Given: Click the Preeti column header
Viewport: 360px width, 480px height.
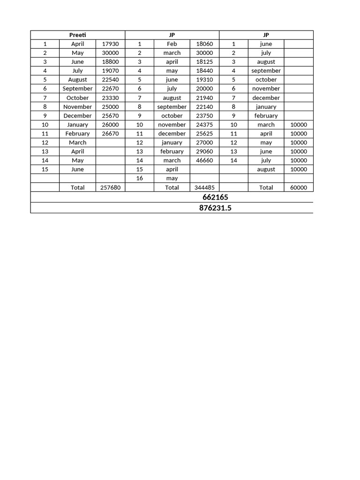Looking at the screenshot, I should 78,35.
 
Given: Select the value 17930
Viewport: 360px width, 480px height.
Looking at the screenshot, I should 110,44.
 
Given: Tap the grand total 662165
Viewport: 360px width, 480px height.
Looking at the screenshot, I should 215,197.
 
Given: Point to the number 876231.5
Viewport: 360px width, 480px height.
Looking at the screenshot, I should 215,208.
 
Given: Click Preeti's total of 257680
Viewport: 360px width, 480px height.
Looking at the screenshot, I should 110,187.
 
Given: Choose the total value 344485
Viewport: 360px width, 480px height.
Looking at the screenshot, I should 204,187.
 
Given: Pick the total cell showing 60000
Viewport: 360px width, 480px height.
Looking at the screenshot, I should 299,187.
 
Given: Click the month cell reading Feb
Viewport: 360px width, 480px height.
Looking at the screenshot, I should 172,44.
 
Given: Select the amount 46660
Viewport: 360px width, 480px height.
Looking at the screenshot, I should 204,160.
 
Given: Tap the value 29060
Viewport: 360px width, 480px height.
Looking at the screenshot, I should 204,151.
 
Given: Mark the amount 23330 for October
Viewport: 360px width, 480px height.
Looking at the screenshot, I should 110,97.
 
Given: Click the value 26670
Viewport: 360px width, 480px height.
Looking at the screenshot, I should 110,134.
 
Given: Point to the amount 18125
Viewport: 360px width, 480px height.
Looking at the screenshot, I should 204,61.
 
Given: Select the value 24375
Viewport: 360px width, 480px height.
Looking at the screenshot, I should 204,125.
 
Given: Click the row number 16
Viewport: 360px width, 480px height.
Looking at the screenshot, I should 140,178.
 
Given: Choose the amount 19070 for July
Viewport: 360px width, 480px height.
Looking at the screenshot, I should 110,71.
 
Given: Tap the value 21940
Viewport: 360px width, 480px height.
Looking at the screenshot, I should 204,97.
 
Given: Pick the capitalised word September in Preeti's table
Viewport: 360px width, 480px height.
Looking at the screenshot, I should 78,89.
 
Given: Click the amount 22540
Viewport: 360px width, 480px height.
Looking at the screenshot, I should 110,80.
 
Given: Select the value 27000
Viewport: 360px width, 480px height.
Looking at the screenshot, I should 204,142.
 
